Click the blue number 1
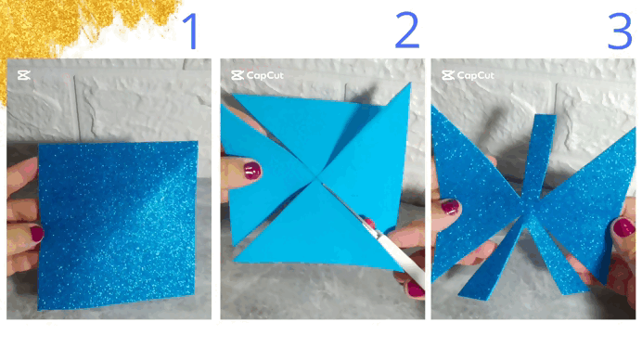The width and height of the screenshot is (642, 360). pyautogui.click(x=190, y=32)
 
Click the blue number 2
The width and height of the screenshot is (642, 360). pyautogui.click(x=407, y=30)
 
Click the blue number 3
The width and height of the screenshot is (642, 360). pyautogui.click(x=620, y=32)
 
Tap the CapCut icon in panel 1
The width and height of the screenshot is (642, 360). pyautogui.click(x=24, y=75)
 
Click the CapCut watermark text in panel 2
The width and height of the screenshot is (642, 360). pyautogui.click(x=265, y=75)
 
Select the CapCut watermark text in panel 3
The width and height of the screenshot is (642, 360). pyautogui.click(x=475, y=75)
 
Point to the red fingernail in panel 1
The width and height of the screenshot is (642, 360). pyautogui.click(x=37, y=234)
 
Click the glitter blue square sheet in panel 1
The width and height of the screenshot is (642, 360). pyautogui.click(x=118, y=225)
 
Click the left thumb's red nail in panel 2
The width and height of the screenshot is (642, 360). pyautogui.click(x=252, y=171)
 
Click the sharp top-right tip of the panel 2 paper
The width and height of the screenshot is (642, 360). pyautogui.click(x=409, y=84)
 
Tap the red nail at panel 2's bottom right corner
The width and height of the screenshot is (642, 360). pyautogui.click(x=416, y=289)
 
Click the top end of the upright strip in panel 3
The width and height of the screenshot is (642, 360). pyautogui.click(x=546, y=117)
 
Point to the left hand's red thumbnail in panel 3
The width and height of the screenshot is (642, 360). pyautogui.click(x=450, y=207)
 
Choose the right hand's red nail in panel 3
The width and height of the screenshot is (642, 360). pyautogui.click(x=623, y=227)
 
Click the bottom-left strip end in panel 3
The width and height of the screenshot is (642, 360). pyautogui.click(x=474, y=295)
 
